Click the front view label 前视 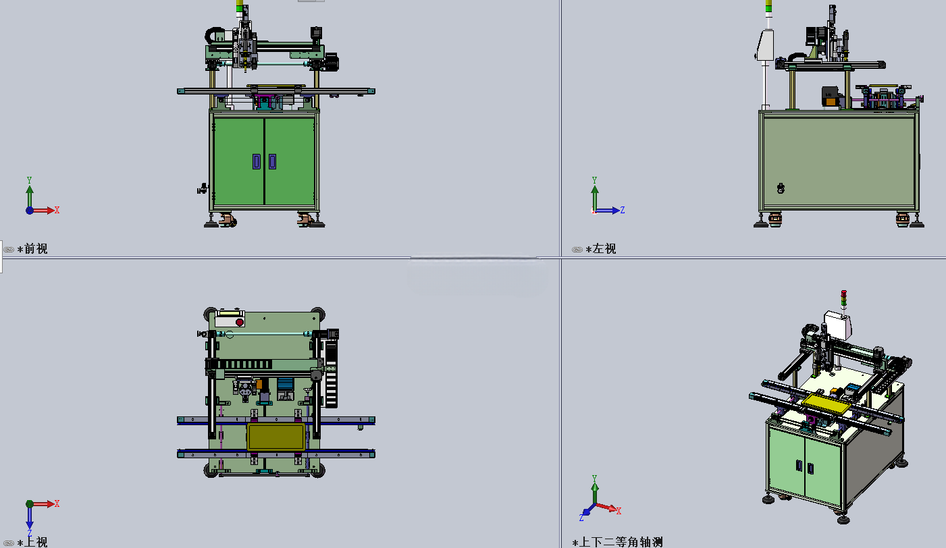point(36,248)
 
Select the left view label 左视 point(604,248)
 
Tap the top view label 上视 point(36,542)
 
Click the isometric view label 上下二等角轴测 point(621,542)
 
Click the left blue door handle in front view point(257,162)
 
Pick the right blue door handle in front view point(272,162)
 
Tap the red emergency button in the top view point(240,323)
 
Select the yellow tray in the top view point(275,437)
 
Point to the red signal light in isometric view point(843,294)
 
